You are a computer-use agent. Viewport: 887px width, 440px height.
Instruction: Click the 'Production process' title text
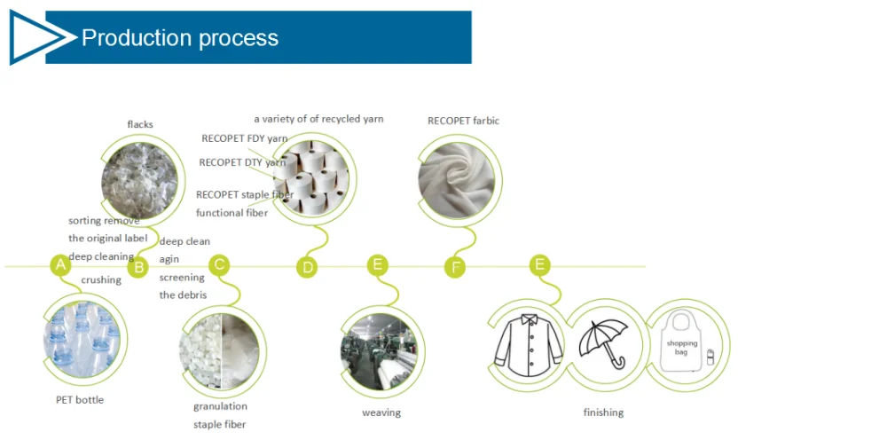tap(180, 38)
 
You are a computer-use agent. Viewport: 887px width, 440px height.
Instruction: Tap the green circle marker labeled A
tap(59, 264)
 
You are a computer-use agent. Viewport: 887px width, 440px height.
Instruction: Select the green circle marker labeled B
tap(137, 267)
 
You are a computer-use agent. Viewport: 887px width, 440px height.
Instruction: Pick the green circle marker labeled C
tap(219, 263)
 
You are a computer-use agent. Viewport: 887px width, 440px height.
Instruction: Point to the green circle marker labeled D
tap(307, 267)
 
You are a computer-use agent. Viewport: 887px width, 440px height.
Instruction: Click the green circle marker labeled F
tap(455, 267)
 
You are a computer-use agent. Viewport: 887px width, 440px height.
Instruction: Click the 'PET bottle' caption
tap(80, 400)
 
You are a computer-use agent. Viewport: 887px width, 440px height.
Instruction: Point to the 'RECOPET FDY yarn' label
tap(244, 138)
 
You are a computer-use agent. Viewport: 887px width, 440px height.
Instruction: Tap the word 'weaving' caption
tap(381, 412)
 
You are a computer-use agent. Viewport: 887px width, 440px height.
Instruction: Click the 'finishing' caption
tap(603, 412)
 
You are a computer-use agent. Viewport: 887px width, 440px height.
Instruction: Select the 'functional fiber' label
tap(232, 213)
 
